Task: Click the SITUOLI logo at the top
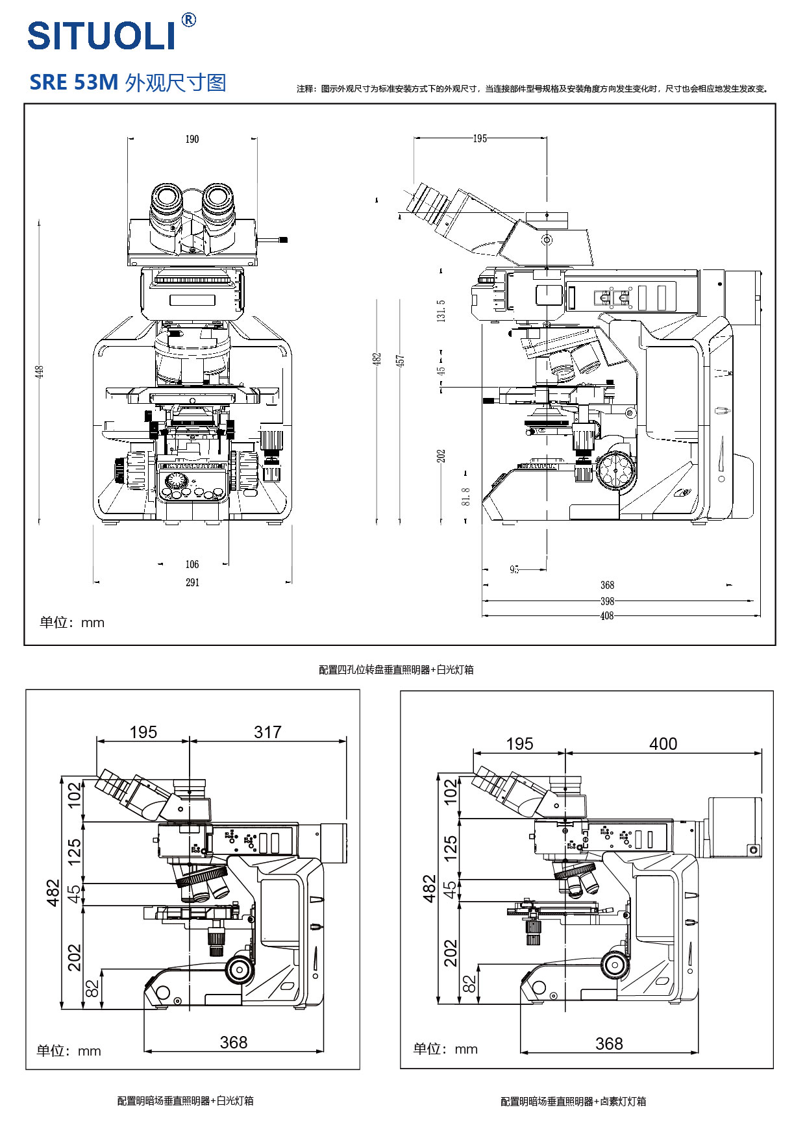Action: tap(102, 35)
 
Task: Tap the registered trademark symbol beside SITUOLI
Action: tap(188, 20)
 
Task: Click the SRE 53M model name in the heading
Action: tap(74, 82)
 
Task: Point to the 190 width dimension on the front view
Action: tap(192, 139)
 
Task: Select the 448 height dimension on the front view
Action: tap(40, 372)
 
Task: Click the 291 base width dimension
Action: tap(192, 582)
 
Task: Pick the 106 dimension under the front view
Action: tap(192, 564)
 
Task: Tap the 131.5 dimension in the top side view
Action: tap(441, 311)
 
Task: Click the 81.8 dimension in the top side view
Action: tap(465, 497)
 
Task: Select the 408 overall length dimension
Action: tap(607, 615)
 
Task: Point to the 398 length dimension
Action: tap(607, 601)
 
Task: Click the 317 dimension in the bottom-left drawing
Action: tap(267, 732)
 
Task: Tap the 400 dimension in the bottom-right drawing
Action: tap(663, 744)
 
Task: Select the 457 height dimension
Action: tap(401, 360)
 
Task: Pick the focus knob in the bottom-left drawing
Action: tap(240, 969)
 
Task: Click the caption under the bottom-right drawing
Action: tap(573, 1101)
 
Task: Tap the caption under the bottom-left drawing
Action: tap(185, 1100)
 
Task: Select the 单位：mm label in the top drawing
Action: tap(72, 623)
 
